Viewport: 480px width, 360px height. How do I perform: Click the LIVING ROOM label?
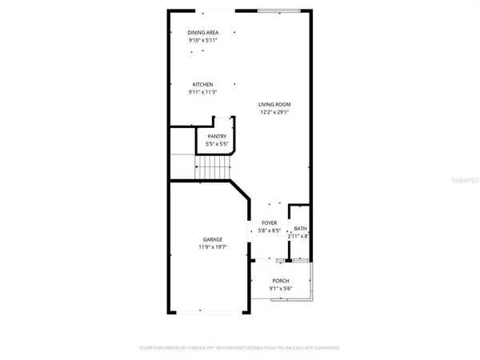pos(274,104)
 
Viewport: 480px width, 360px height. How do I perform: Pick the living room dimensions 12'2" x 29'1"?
pos(274,111)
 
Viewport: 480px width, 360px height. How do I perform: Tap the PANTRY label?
pos(217,137)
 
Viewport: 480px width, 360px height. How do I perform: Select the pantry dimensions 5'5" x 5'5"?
pos(217,144)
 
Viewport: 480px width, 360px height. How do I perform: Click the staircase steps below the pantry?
pos(214,167)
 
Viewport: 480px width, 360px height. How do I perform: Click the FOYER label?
pos(270,223)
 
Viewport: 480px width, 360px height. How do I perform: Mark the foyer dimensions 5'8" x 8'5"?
pos(270,230)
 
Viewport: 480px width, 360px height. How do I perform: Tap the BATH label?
pos(301,229)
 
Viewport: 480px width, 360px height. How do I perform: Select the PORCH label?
pos(280,281)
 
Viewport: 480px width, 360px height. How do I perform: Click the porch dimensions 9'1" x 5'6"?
pos(280,288)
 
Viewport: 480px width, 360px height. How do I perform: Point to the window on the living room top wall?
pos(280,10)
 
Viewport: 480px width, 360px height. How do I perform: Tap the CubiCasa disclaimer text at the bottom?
pos(240,349)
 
